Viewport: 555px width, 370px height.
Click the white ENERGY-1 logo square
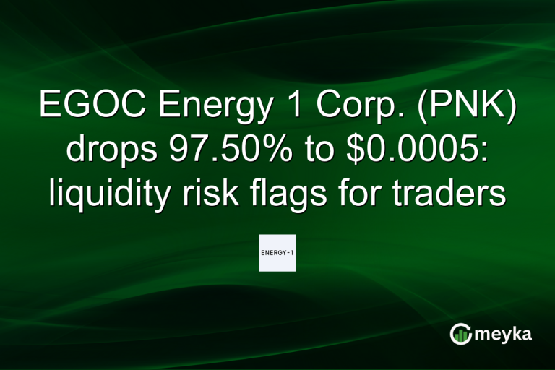(277, 253)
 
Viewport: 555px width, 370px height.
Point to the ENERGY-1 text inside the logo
(277, 253)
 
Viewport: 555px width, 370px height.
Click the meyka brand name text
(504, 334)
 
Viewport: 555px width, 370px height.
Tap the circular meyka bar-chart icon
(460, 334)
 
